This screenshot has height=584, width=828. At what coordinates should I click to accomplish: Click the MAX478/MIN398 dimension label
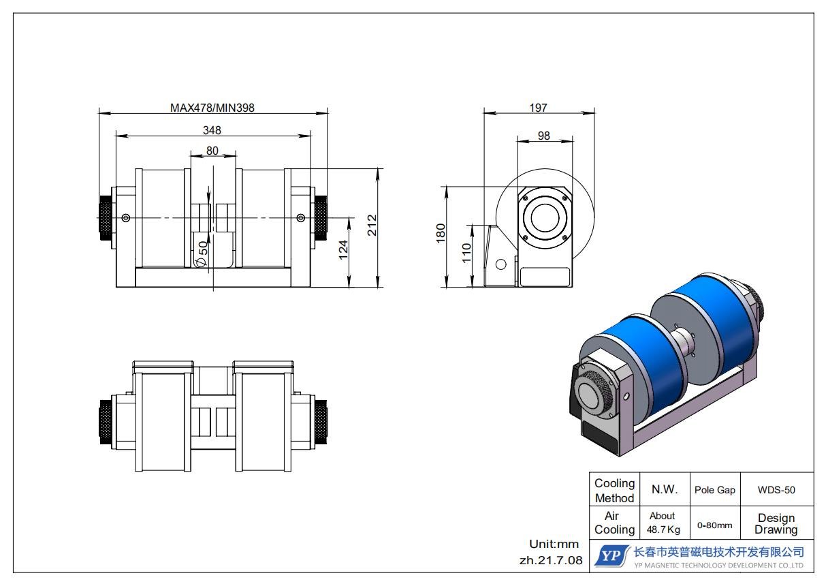tap(212, 108)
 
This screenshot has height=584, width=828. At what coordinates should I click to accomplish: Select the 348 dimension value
tap(212, 130)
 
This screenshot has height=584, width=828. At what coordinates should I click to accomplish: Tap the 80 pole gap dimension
tap(212, 151)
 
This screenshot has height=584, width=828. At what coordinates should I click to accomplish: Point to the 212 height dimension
tap(372, 225)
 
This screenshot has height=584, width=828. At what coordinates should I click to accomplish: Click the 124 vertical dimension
tap(343, 249)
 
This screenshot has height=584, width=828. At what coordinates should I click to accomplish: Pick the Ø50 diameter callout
tap(202, 253)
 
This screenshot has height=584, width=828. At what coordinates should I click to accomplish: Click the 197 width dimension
tap(538, 108)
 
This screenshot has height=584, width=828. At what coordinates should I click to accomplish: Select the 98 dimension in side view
tap(544, 136)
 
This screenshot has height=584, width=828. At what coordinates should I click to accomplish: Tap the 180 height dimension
tap(441, 233)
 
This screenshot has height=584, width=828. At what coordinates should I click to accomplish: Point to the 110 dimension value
tap(466, 253)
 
